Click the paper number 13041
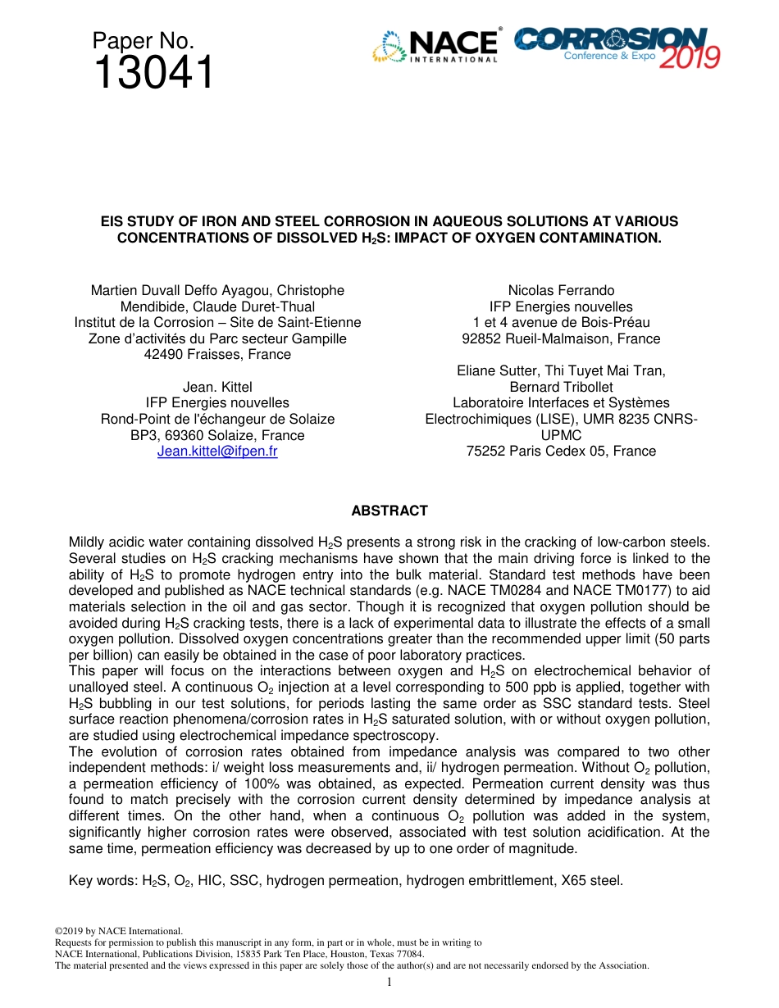153,73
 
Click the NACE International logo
435,46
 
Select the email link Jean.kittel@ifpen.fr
217,452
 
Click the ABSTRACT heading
389,511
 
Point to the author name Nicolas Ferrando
561,290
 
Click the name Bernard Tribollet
561,387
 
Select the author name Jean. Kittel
217,387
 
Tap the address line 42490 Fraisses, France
217,355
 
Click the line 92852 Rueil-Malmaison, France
561,338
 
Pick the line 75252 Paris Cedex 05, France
561,452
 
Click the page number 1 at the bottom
389,982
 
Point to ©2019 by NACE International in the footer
118,931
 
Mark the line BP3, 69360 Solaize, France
217,435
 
